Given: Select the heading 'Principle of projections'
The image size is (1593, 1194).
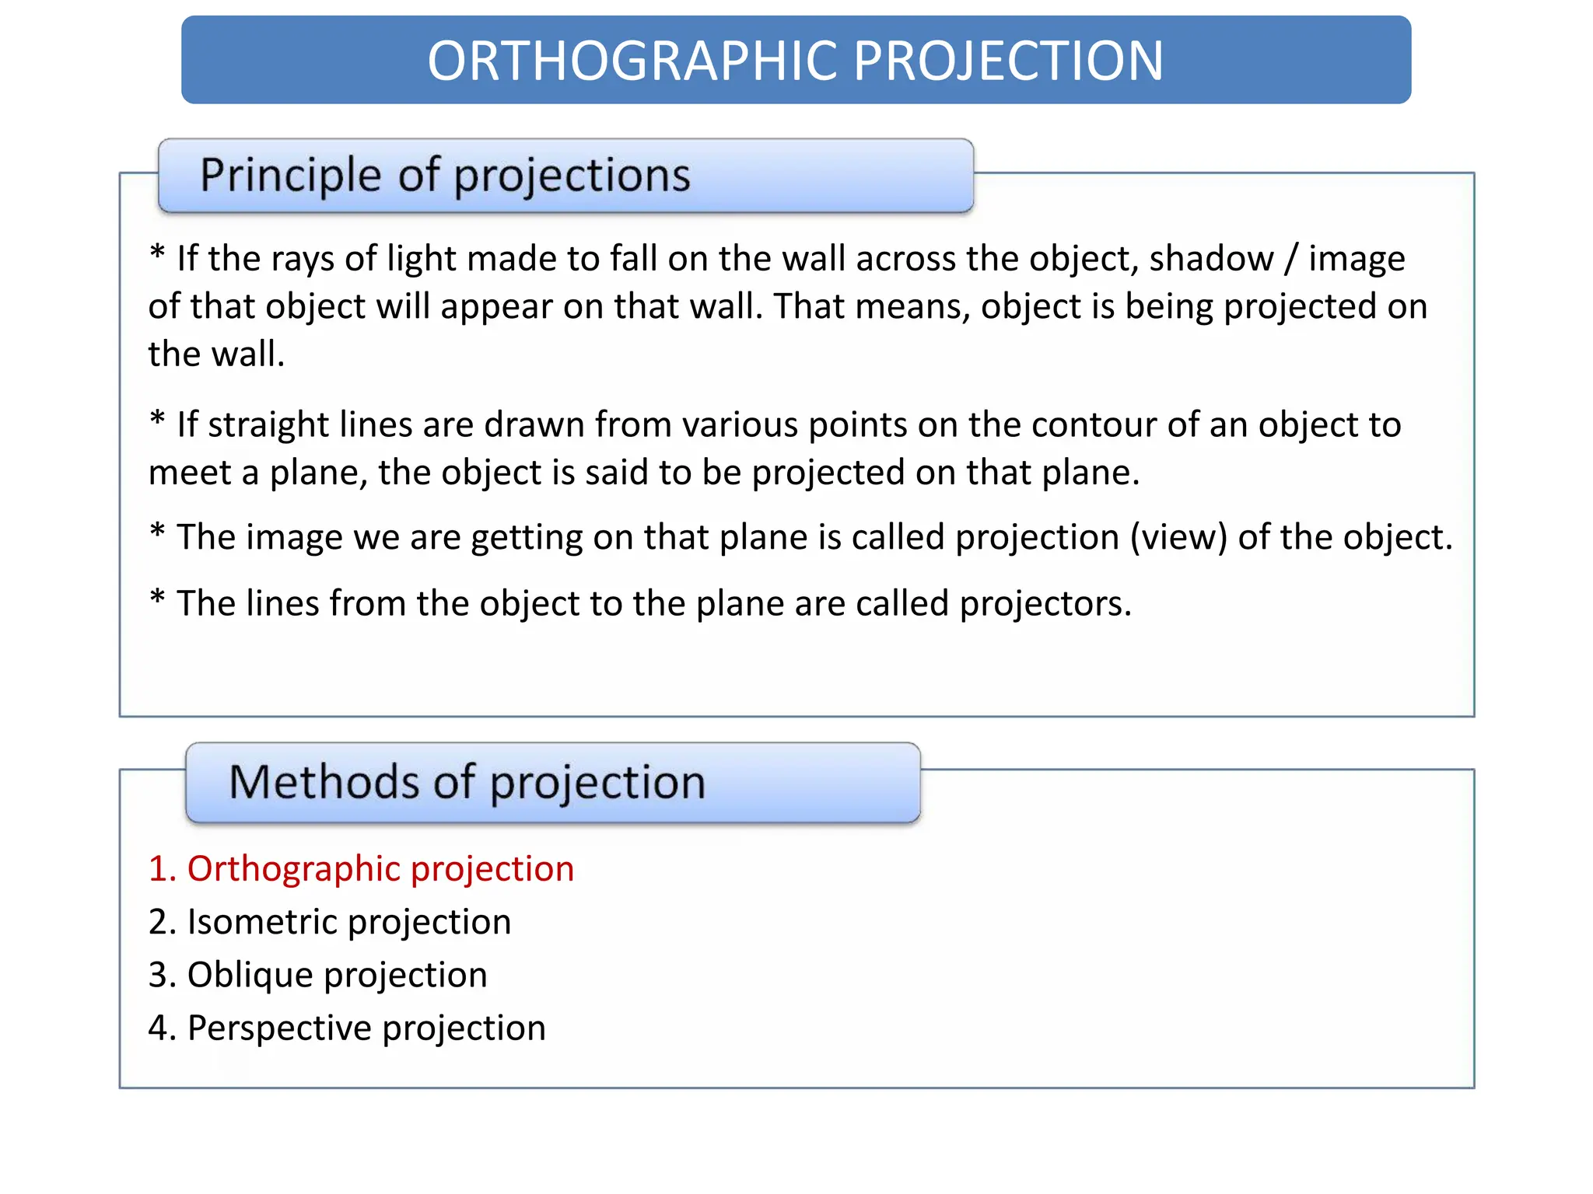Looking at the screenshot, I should click(445, 175).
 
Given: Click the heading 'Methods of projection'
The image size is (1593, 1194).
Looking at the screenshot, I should click(467, 782).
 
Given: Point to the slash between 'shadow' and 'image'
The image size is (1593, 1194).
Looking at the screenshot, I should click(1291, 259).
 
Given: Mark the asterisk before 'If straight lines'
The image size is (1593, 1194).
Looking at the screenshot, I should click(158, 420).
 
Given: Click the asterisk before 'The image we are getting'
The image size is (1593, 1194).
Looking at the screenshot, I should click(158, 532).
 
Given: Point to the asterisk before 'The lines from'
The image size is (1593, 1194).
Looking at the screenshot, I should click(158, 599).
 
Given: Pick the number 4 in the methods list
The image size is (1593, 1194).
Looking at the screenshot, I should click(159, 1028).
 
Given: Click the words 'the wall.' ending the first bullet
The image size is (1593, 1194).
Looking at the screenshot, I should click(216, 354).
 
